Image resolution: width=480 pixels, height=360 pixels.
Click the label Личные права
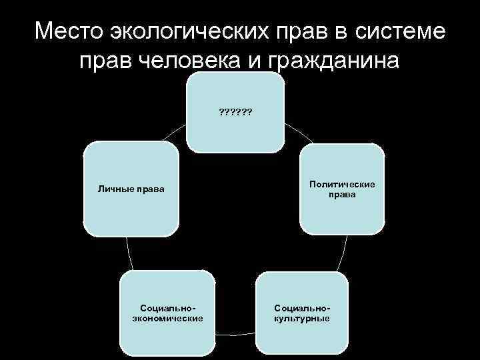click(131, 189)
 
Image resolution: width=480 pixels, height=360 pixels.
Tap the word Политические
click(342, 184)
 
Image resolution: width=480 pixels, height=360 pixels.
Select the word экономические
click(168, 319)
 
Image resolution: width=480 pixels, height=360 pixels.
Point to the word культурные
click(302, 319)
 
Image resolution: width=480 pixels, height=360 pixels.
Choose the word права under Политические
click(342, 195)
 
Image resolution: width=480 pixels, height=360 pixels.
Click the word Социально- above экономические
click(168, 308)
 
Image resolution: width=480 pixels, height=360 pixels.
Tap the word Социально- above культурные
click(302, 308)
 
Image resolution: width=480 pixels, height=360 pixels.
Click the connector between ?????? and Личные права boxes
click(175, 133)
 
